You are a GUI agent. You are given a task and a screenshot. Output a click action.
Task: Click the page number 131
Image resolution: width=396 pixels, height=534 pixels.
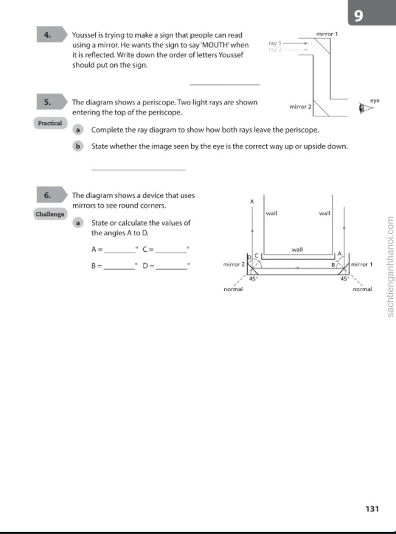(x=372, y=509)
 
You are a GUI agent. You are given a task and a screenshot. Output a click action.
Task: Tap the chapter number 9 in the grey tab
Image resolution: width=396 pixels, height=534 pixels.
(x=358, y=15)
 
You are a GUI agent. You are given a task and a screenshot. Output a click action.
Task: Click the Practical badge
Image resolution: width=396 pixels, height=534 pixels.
(x=50, y=123)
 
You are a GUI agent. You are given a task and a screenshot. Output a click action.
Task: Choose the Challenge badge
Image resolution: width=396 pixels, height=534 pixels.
(x=50, y=214)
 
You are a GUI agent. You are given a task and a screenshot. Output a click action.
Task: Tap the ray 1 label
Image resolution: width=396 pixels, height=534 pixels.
(x=275, y=43)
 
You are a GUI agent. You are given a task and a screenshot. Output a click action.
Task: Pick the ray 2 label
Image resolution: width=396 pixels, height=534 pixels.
(x=275, y=50)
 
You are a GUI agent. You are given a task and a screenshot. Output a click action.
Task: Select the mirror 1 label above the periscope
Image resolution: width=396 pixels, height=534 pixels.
(x=327, y=34)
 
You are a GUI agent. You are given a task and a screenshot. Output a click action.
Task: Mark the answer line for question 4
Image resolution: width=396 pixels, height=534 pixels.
(x=225, y=84)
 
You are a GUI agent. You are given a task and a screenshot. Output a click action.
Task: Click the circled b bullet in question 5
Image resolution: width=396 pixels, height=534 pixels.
(x=78, y=147)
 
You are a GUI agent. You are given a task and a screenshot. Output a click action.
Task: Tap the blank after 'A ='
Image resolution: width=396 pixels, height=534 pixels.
(x=119, y=253)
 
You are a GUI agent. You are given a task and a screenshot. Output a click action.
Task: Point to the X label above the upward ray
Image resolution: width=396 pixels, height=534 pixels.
(x=252, y=202)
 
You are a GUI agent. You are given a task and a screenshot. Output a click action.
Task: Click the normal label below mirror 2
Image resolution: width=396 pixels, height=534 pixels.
(x=233, y=289)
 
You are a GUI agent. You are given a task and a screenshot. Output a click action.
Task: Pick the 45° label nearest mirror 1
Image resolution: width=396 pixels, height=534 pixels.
(x=345, y=278)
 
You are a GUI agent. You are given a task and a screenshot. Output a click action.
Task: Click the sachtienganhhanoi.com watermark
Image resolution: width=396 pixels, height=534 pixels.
(x=390, y=267)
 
